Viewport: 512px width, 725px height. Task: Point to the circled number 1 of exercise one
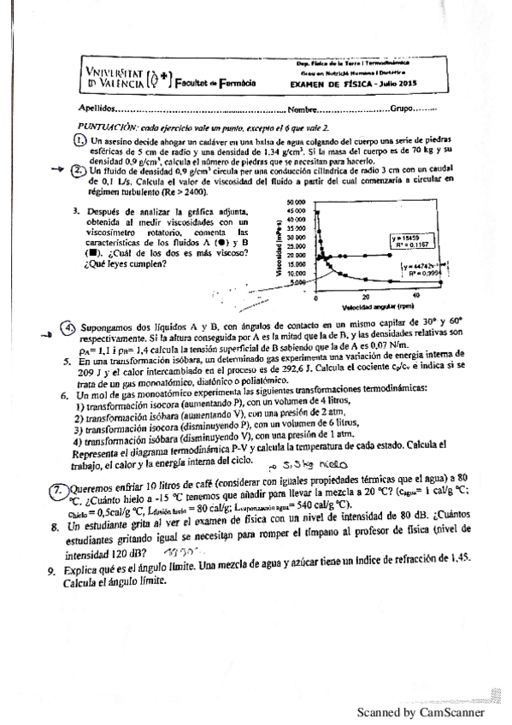pos(78,141)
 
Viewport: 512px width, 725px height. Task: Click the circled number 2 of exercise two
pos(78,169)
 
